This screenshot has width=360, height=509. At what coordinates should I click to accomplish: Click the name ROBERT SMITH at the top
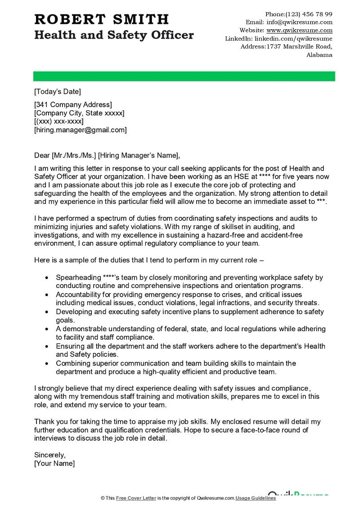coord(102,19)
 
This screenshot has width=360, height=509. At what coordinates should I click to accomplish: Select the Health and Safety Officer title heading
coord(114,35)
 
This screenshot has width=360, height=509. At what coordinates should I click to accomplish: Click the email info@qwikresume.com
coord(299,22)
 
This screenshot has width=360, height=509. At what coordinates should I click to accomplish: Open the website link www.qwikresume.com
coord(299,30)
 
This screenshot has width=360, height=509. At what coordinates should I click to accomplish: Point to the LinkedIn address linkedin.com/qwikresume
coord(293,39)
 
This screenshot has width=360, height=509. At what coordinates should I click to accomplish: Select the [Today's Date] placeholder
coord(58,92)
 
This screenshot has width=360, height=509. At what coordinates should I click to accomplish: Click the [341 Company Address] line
coord(73,105)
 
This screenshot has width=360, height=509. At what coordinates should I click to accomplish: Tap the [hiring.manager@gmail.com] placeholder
coord(81,130)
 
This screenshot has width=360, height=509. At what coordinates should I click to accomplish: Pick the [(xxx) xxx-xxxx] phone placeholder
coord(59,122)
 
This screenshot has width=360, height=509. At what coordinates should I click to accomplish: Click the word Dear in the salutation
coord(42,156)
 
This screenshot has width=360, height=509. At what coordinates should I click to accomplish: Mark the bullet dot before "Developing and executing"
coord(47,311)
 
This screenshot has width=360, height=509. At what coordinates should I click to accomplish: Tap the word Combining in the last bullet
coord(72,363)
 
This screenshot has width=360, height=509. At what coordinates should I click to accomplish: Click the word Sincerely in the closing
coord(49,455)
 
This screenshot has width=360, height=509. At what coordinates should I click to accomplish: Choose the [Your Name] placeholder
coord(54,463)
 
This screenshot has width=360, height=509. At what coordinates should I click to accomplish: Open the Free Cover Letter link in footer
coord(136,498)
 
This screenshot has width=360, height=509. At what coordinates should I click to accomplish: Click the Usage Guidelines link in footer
coord(256,498)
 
